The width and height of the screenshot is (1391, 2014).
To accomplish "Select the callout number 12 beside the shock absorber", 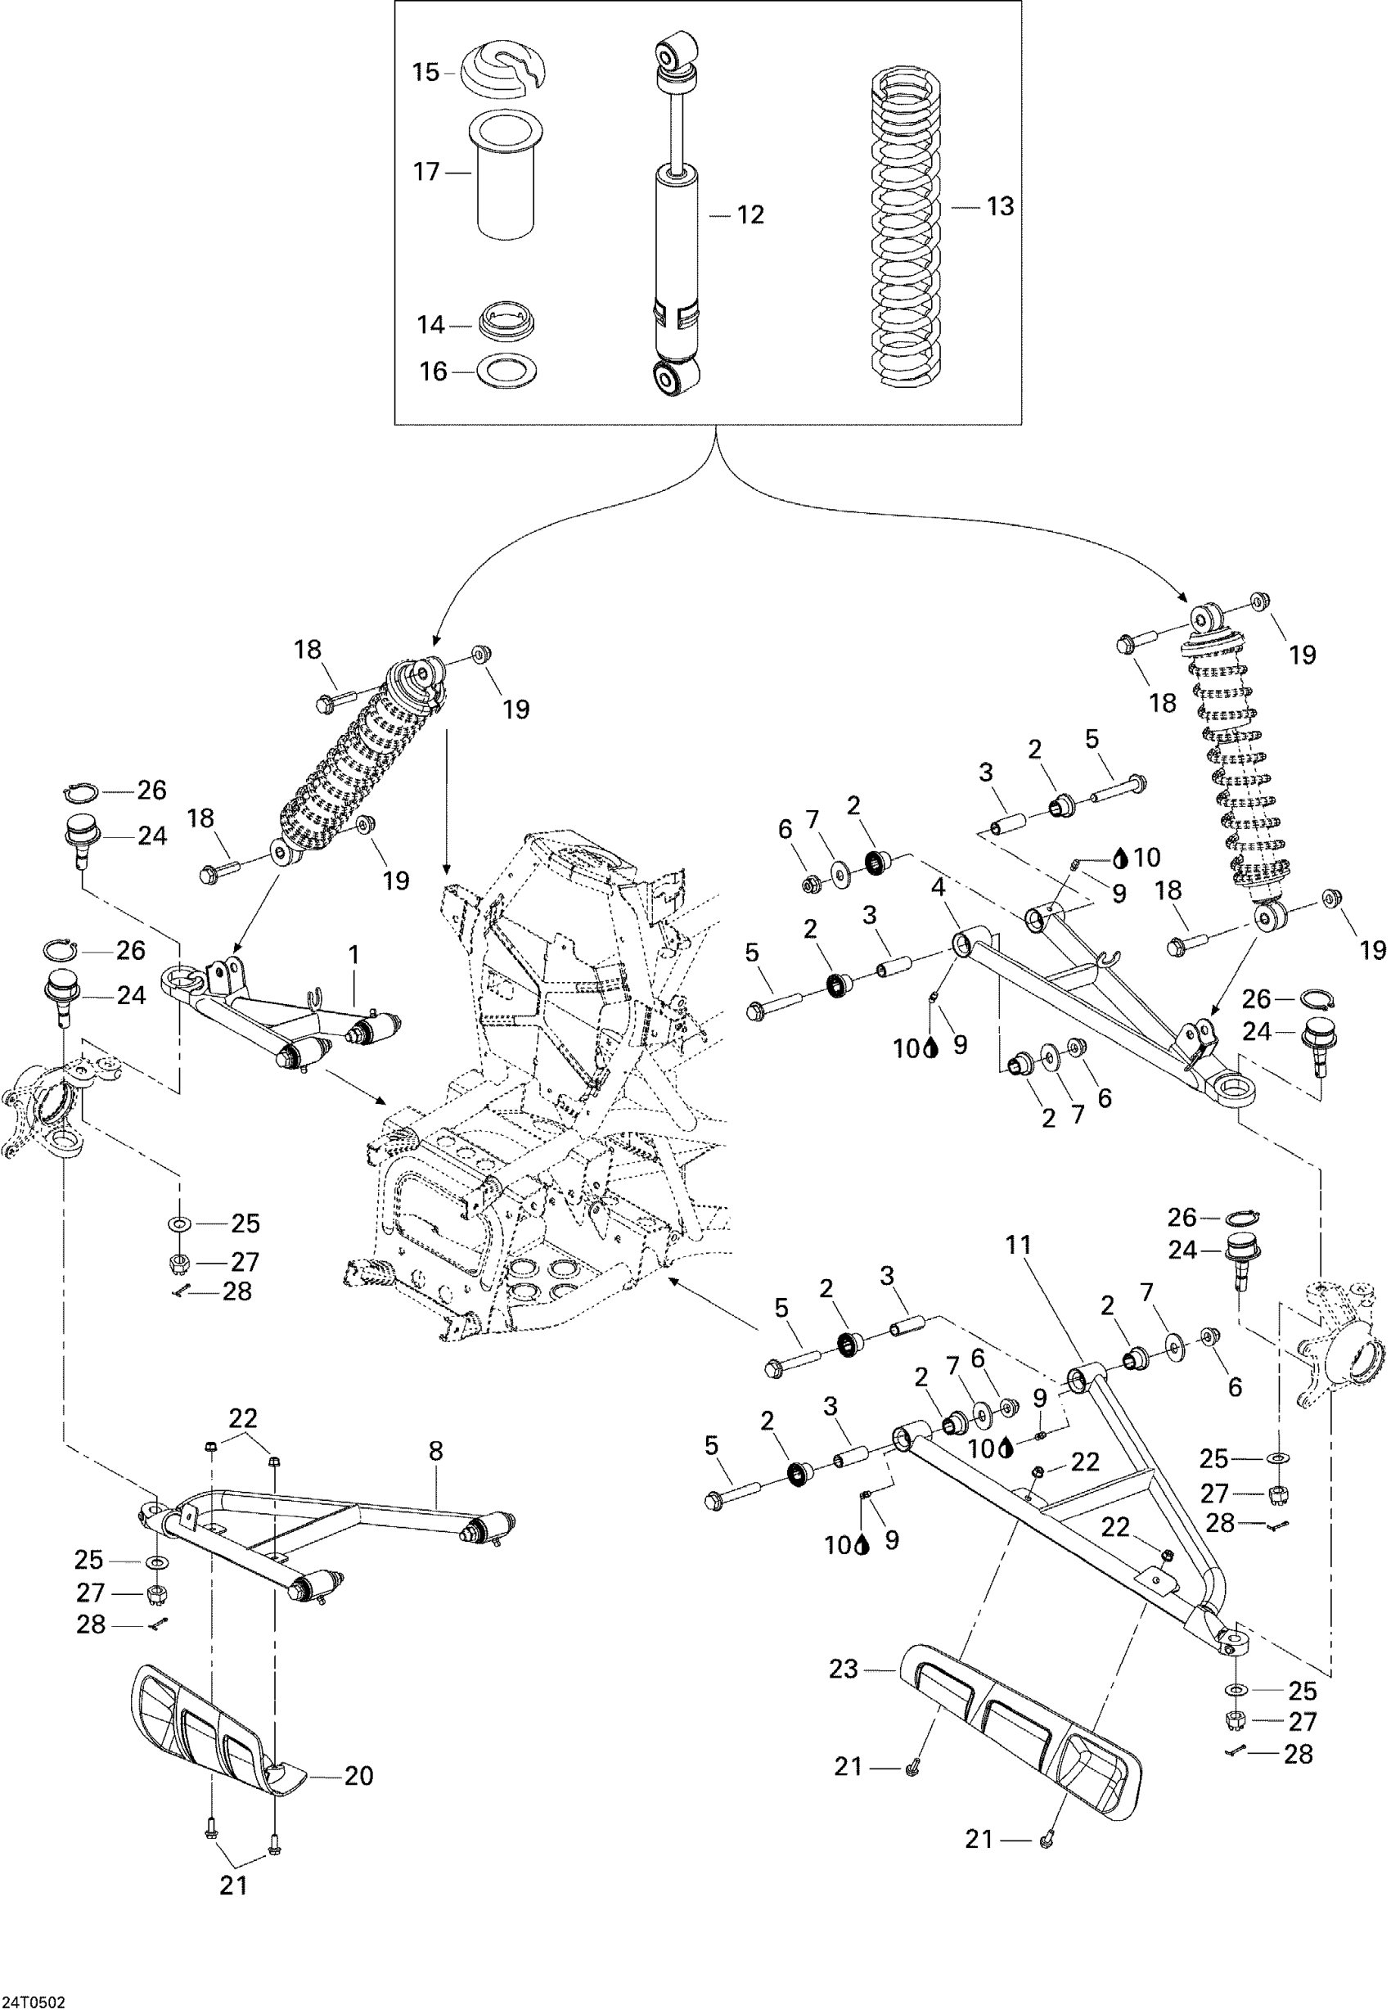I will coord(750,214).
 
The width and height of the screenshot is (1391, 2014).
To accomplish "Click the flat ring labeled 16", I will coord(506,372).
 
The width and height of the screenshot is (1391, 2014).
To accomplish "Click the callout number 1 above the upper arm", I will coord(353,955).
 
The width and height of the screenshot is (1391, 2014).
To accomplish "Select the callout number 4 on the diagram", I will coord(939,887).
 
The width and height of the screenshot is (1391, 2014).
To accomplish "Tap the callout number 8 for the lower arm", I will coord(436,1451).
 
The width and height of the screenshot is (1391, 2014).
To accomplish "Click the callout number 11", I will coord(1018,1246).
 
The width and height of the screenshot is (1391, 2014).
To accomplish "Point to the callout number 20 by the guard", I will coord(359,1776).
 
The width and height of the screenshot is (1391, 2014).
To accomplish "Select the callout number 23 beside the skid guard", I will coord(844,1669).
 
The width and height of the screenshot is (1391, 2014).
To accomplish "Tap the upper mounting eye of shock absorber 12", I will coord(677,55).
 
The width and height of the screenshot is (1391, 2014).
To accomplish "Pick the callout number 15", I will coord(425,71).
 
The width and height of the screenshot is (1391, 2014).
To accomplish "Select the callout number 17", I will coord(425,172).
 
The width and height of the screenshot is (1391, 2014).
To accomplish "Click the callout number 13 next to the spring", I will coord(1001,206).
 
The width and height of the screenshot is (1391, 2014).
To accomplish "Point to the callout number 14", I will coord(430,325).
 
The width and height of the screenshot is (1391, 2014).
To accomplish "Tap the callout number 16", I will coord(432,372).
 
